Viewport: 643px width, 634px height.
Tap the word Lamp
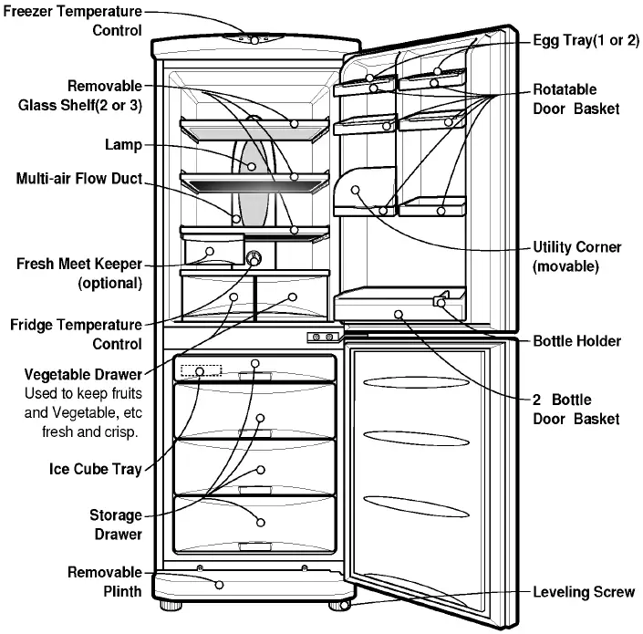point(124,144)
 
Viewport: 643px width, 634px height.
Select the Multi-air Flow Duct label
point(79,179)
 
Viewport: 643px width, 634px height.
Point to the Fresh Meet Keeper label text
point(79,273)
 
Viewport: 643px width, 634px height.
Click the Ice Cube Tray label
point(96,471)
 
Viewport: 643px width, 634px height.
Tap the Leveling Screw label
point(583,592)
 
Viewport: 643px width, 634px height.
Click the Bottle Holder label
point(576,341)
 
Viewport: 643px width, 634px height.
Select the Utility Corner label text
point(576,256)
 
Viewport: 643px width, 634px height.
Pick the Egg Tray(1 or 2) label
point(586,42)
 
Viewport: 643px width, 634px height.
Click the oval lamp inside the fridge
point(254,178)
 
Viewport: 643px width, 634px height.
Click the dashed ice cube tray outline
point(201,371)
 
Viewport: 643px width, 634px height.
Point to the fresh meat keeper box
point(213,253)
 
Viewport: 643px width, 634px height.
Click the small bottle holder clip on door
point(443,302)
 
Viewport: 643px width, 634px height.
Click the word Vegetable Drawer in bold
point(83,375)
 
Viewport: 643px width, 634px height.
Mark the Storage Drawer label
point(115,525)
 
